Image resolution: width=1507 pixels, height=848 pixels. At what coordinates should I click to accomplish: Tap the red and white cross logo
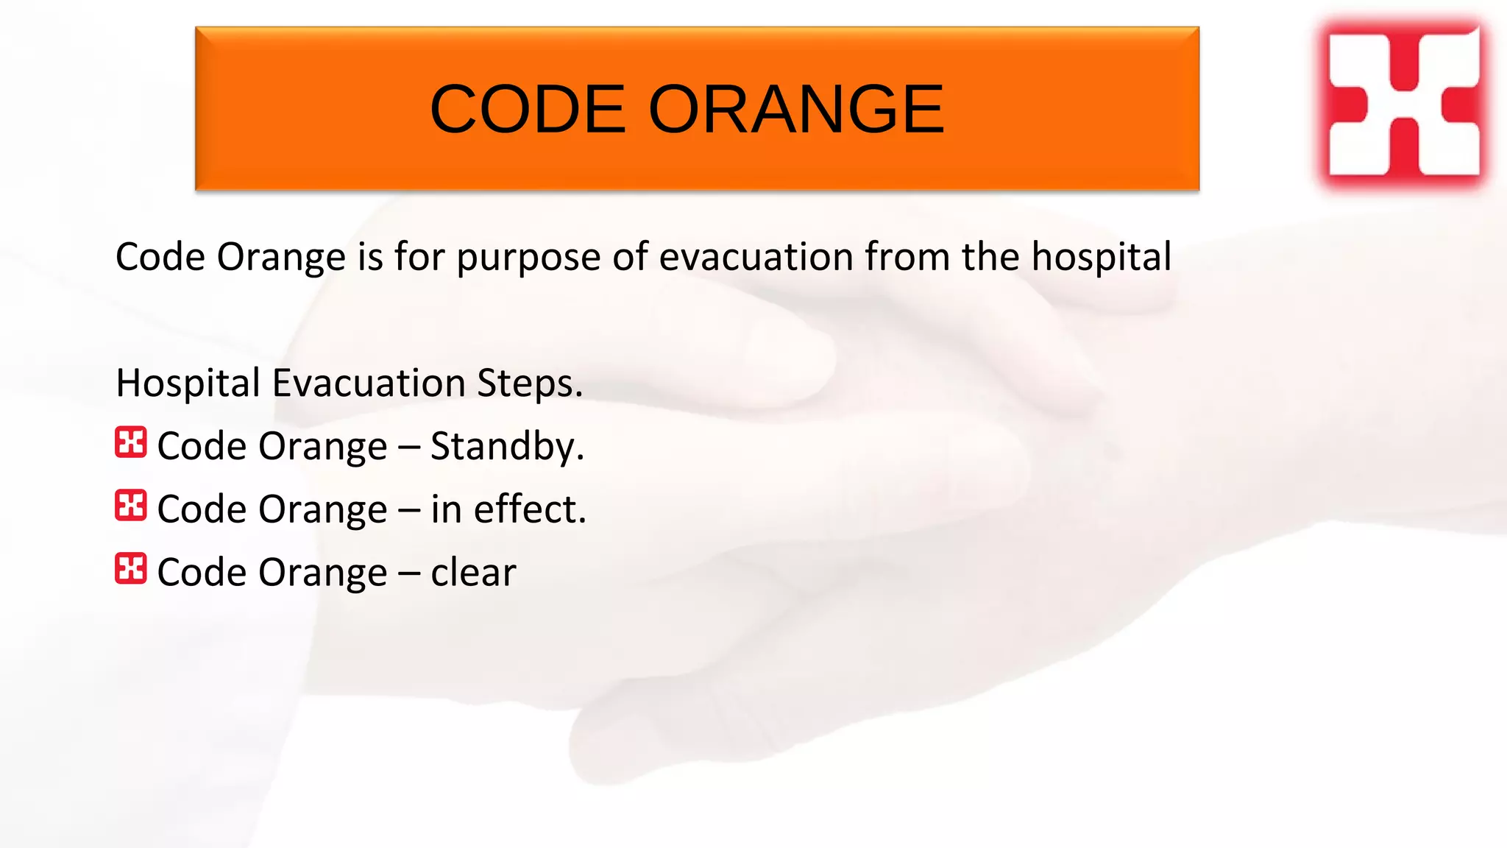click(1404, 102)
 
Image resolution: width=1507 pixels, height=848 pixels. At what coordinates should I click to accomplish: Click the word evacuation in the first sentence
click(756, 257)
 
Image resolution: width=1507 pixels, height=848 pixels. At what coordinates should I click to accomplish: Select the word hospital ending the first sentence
click(1101, 257)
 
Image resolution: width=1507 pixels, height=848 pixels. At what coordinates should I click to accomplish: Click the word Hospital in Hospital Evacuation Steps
click(188, 384)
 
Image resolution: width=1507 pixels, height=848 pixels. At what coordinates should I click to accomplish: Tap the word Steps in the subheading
click(529, 384)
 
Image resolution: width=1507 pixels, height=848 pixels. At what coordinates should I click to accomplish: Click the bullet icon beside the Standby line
click(131, 442)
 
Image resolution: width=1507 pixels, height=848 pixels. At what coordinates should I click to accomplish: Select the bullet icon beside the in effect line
click(131, 506)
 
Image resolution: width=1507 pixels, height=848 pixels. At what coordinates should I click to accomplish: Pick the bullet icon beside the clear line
click(131, 569)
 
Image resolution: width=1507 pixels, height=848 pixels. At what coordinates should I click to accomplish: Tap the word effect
click(530, 509)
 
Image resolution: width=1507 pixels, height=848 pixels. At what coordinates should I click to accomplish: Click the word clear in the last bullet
click(473, 573)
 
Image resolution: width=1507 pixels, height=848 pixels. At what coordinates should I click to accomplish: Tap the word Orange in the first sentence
click(280, 258)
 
